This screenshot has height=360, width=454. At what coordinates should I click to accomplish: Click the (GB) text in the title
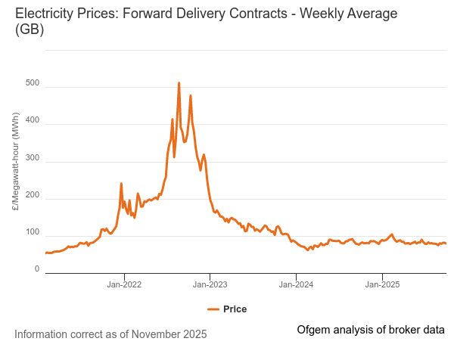(x=30, y=30)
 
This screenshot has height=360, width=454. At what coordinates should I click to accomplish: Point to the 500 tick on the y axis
(x=32, y=88)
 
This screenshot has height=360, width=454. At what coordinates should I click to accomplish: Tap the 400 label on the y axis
(x=32, y=124)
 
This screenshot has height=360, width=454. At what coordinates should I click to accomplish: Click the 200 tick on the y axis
(x=32, y=199)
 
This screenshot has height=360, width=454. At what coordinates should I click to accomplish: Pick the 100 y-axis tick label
(x=32, y=232)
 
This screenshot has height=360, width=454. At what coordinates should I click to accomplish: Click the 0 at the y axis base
(x=36, y=268)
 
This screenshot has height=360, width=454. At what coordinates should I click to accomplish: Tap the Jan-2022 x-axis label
(x=124, y=285)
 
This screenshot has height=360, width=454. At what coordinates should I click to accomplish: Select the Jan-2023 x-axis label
(x=210, y=285)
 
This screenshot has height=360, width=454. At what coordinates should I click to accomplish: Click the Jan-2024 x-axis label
(x=296, y=285)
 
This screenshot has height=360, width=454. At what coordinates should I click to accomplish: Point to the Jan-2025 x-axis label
(x=382, y=285)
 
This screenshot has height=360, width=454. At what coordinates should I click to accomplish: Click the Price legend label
(x=235, y=309)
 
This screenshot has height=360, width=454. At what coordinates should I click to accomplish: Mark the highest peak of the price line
(x=179, y=83)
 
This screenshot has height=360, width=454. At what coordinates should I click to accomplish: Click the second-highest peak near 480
(x=191, y=96)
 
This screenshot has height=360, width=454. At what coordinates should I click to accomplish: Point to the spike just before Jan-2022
(x=121, y=184)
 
